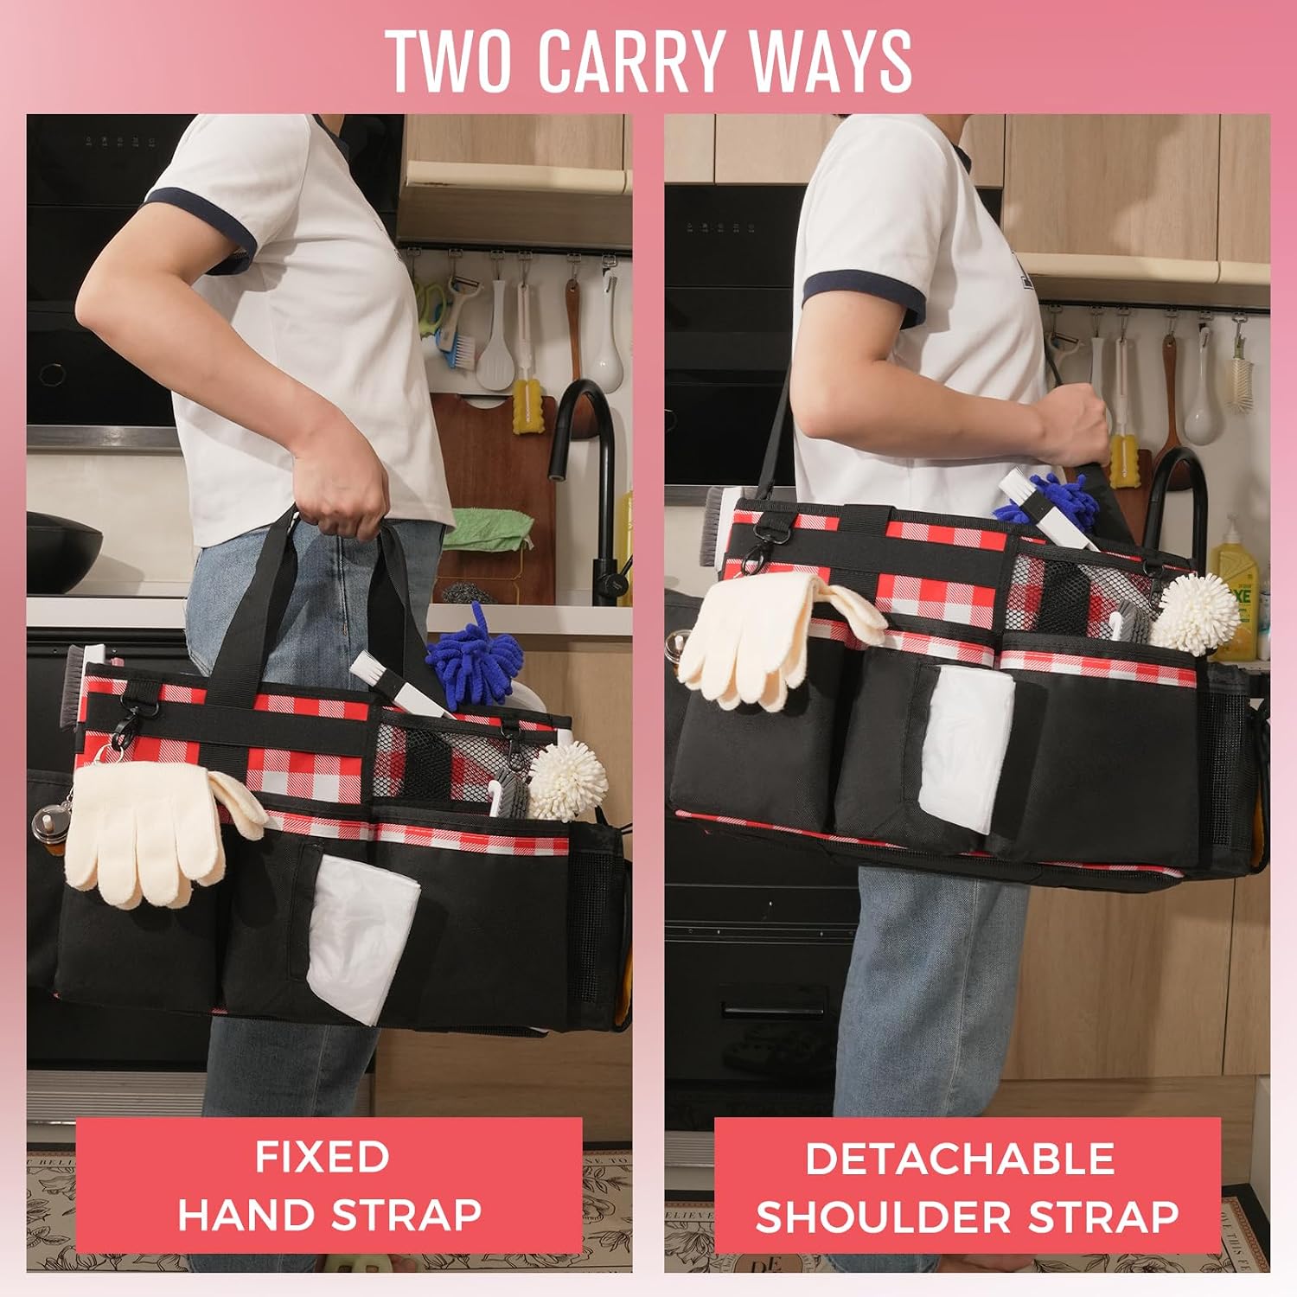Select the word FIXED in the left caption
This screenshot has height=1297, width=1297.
tap(322, 1157)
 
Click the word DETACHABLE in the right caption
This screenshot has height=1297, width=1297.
tap(960, 1159)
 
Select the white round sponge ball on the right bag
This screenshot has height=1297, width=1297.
tap(1196, 612)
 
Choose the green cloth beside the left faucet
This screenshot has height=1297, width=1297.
tap(488, 527)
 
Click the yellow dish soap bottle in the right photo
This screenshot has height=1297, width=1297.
tap(1233, 588)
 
